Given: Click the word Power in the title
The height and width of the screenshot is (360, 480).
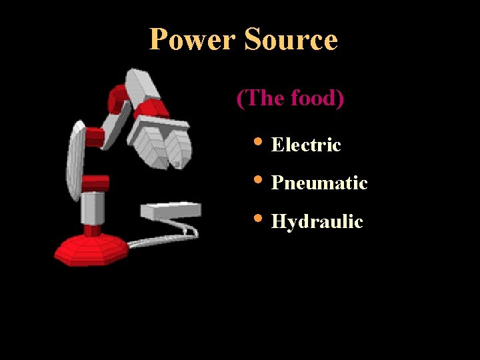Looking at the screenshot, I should pyautogui.click(x=193, y=39).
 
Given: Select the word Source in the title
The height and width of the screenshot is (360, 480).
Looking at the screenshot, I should pyautogui.click(x=291, y=39).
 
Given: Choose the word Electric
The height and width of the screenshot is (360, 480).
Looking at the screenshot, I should pyautogui.click(x=306, y=145).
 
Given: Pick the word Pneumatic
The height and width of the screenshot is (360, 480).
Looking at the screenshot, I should pyautogui.click(x=319, y=183).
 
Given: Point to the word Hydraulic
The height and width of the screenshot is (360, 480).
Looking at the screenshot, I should pyautogui.click(x=317, y=221).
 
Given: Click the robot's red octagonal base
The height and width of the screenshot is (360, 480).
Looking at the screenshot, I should pyautogui.click(x=90, y=250).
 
